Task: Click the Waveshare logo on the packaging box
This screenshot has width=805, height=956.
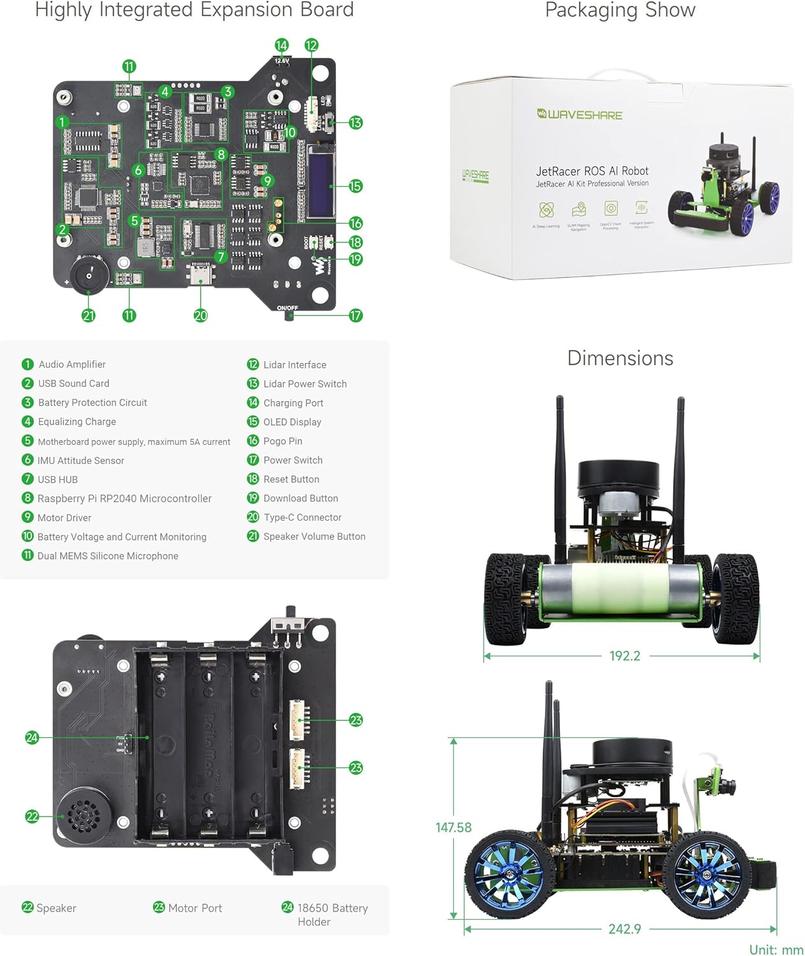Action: [x=579, y=115]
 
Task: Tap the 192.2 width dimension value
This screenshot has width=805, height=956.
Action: [x=625, y=656]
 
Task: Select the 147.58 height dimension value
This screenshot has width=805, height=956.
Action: [x=453, y=827]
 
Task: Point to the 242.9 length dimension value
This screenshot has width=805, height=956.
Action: [x=625, y=929]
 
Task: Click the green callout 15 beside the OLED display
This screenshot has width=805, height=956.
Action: [x=356, y=186]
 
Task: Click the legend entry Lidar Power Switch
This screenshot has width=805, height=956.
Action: [x=305, y=384]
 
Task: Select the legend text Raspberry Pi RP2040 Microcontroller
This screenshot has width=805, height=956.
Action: [x=124, y=498]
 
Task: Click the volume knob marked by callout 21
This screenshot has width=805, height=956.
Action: [x=87, y=275]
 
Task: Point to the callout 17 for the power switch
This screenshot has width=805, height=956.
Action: [x=356, y=315]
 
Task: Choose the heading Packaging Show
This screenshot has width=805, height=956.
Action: [x=620, y=11]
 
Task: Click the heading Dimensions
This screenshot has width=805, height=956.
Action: [x=620, y=358]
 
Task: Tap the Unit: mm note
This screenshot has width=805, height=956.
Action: [x=776, y=950]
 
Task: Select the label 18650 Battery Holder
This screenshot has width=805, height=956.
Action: [x=332, y=915]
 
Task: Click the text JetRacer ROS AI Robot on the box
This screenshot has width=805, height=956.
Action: [x=592, y=171]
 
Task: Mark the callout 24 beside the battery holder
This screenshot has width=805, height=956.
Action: [x=32, y=737]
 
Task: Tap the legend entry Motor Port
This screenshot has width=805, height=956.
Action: [x=194, y=908]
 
